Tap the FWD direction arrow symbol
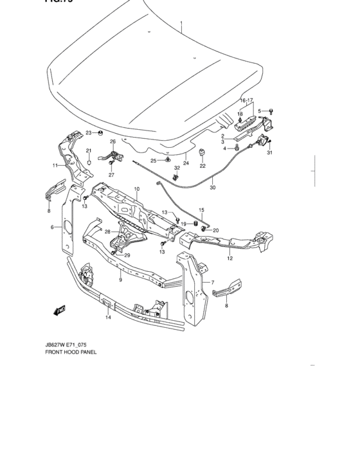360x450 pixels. coord(60,310)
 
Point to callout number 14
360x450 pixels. coord(109,316)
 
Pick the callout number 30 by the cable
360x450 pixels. coord(213,188)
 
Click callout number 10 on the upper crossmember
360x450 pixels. coord(136,189)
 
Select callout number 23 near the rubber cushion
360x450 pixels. coord(89,132)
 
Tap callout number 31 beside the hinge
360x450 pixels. coord(270,152)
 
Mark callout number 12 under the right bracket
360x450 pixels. coord(230,258)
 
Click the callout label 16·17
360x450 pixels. coord(248,100)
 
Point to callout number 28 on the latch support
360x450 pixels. coord(107,232)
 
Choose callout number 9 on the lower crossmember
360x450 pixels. coord(120,280)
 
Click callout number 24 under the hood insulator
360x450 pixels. coord(186,163)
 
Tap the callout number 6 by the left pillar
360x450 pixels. coord(52,227)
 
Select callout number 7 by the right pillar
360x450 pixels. coord(213,283)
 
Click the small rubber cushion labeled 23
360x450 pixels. coord(102,133)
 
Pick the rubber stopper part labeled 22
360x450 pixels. coord(201,153)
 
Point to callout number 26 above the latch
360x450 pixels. coord(113,141)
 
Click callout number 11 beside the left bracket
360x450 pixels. coord(55,165)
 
